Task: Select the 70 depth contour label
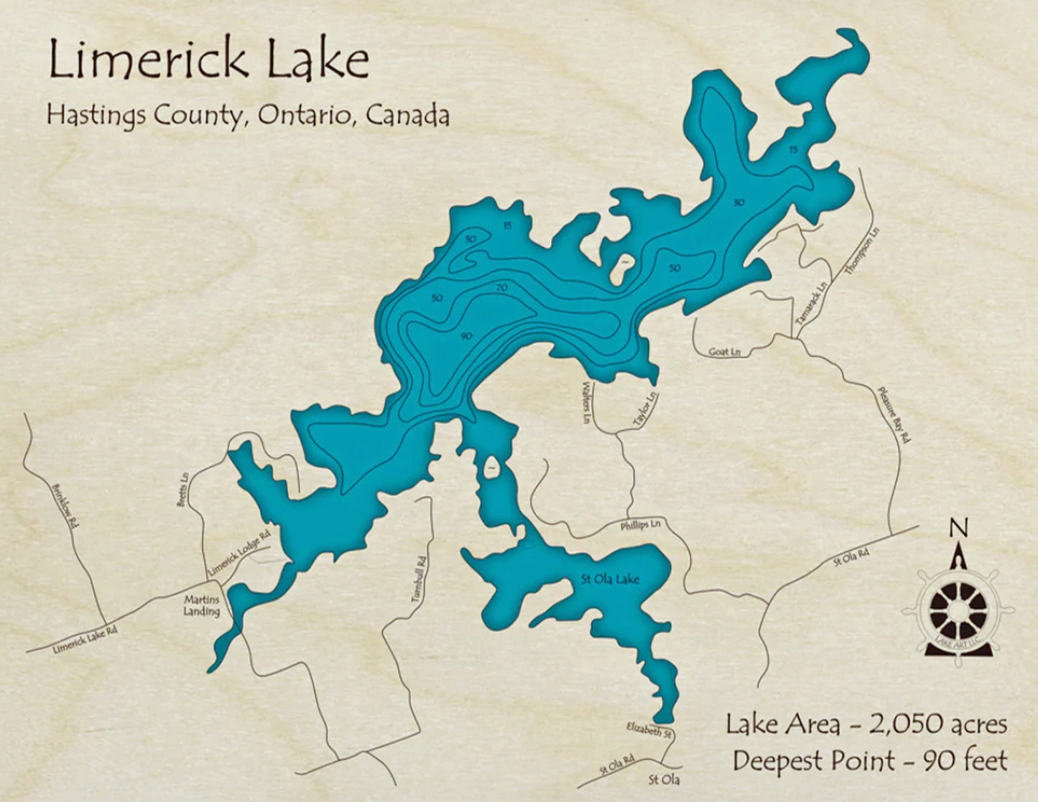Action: tap(502, 288)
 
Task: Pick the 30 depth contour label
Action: tap(471, 238)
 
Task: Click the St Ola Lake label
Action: tap(610, 579)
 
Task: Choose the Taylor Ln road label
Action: tap(646, 411)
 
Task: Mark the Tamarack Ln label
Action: tap(812, 305)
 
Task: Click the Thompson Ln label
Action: tap(862, 251)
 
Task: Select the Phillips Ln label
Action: tap(640, 526)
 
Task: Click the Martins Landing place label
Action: tap(202, 605)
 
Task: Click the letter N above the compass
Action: tap(959, 528)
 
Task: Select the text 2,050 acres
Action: tap(937, 724)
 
